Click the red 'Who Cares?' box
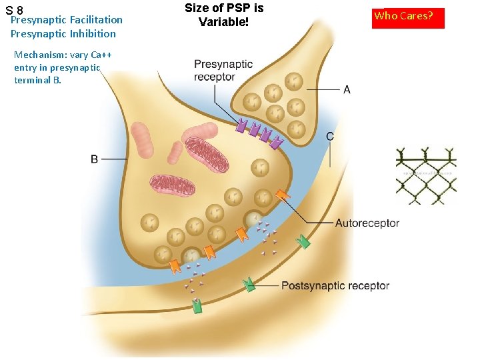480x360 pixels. pyautogui.click(x=408, y=17)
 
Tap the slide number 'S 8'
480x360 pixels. pyautogui.click(x=14, y=10)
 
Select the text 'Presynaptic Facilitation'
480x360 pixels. pyautogui.click(x=67, y=20)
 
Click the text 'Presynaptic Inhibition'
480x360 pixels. pyautogui.click(x=63, y=34)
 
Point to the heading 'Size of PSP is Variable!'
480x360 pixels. pyautogui.click(x=223, y=15)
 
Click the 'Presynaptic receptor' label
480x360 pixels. pyautogui.click(x=223, y=70)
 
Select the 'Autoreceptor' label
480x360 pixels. pyautogui.click(x=367, y=223)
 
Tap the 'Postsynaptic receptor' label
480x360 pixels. pyautogui.click(x=335, y=285)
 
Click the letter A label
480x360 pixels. pyautogui.click(x=347, y=89)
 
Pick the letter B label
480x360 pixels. pyautogui.click(x=95, y=159)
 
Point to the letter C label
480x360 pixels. pyautogui.click(x=330, y=136)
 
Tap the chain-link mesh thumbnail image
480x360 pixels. pyautogui.click(x=426, y=175)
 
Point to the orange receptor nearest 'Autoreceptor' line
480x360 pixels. pyautogui.click(x=283, y=195)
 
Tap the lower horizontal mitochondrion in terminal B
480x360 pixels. pyautogui.click(x=172, y=185)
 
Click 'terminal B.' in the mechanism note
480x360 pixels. pyautogui.click(x=37, y=80)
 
